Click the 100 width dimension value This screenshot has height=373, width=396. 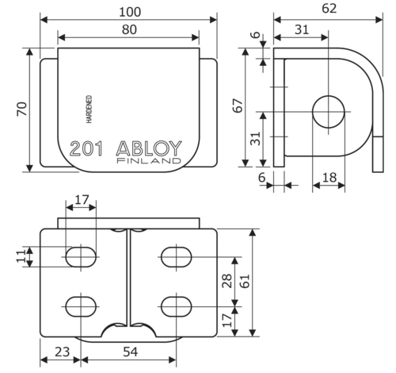[x=130, y=12]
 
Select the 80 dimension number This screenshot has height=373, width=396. [x=129, y=29]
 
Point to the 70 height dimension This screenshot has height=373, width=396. [x=22, y=109]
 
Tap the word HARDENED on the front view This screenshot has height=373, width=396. [x=89, y=109]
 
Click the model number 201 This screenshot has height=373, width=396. [x=86, y=148]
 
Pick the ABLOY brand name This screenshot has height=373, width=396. [x=149, y=148]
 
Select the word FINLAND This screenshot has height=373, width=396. [x=149, y=160]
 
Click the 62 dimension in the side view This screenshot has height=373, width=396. [x=329, y=9]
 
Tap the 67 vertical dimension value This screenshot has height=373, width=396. [x=238, y=106]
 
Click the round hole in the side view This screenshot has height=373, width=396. [x=329, y=112]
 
